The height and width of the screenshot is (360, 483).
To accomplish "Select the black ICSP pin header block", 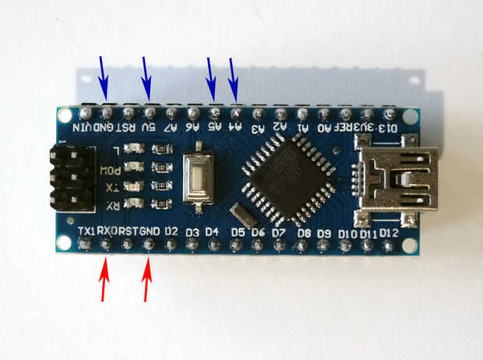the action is (x=71, y=177).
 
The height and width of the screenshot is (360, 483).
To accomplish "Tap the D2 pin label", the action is (x=172, y=231).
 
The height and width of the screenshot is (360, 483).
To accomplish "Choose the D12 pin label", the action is (x=390, y=233).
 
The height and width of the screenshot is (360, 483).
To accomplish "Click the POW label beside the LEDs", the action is (x=113, y=170).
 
